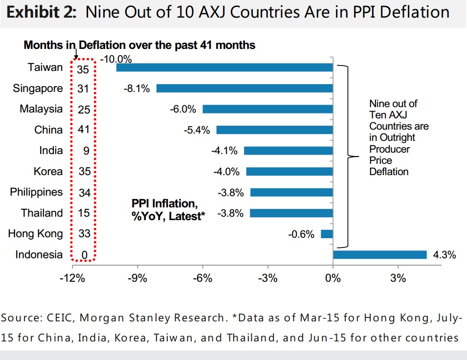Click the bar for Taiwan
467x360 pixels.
(x=224, y=67)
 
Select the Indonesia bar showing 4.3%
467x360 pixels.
(x=379, y=254)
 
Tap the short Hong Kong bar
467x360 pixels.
(x=327, y=234)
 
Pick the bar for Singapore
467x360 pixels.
(x=245, y=89)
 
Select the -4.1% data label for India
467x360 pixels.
(x=224, y=151)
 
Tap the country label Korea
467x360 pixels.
(x=48, y=172)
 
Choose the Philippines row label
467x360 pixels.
(x=37, y=192)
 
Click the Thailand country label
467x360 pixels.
(x=42, y=213)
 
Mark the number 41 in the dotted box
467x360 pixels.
(x=84, y=131)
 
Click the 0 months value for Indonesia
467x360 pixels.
(x=85, y=255)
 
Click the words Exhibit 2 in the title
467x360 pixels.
(x=41, y=12)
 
